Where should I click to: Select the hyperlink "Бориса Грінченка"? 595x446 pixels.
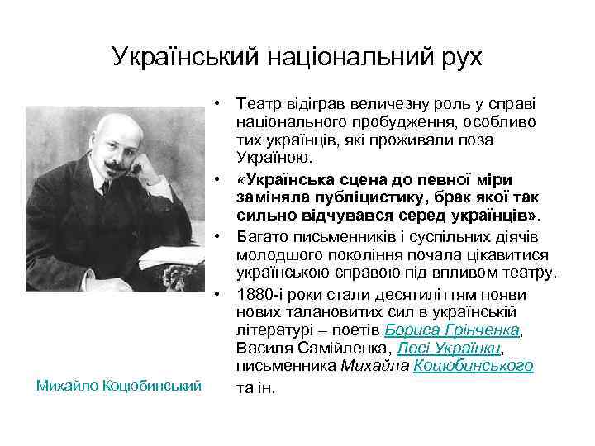tap(453, 330)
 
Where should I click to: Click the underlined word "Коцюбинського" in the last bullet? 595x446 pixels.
tap(474, 365)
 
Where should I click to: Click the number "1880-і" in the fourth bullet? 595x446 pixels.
tap(258, 295)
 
